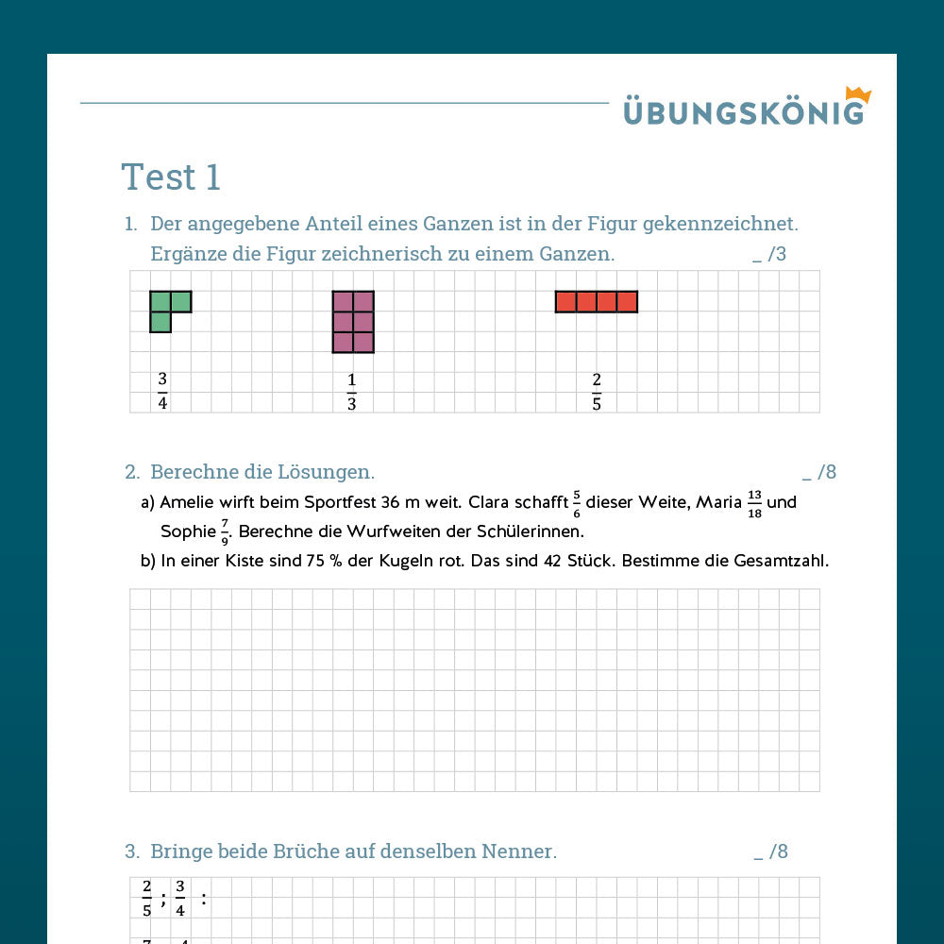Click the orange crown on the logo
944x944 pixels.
[x=858, y=94]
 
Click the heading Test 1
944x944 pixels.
[x=171, y=177]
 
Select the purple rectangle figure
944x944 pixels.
[x=353, y=322]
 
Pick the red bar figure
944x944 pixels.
[x=596, y=301]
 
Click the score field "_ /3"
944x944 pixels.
[x=769, y=254]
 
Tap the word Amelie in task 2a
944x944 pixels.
[x=187, y=502]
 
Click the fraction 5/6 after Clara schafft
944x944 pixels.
[x=577, y=502]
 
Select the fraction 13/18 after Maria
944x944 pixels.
[x=754, y=502]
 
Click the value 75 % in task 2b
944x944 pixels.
[x=316, y=561]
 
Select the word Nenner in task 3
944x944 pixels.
[x=519, y=851]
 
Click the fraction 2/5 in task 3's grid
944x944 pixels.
[x=147, y=899]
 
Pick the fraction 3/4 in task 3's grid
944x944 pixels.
[x=180, y=899]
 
